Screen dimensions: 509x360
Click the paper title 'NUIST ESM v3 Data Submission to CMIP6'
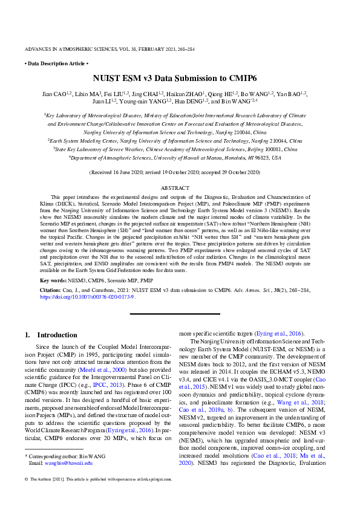point(179,79)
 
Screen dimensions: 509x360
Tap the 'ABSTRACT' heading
point(179,188)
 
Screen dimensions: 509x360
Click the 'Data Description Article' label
point(56,63)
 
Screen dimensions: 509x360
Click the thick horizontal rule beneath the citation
point(179,314)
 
